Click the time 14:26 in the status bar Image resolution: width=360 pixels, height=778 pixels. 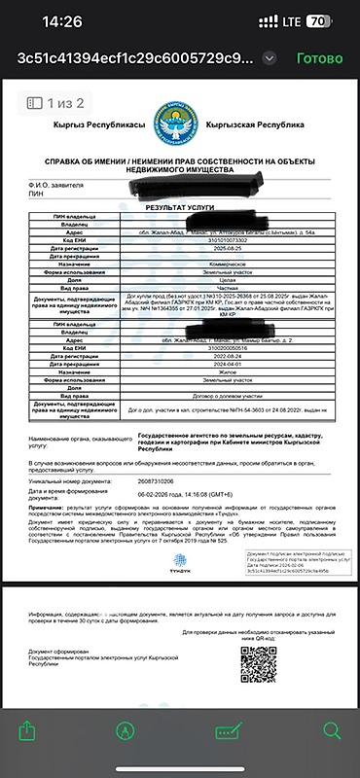point(63,19)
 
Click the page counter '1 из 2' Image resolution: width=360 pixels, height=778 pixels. point(56,102)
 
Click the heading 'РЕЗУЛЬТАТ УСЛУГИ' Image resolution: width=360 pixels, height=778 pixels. point(179,208)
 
